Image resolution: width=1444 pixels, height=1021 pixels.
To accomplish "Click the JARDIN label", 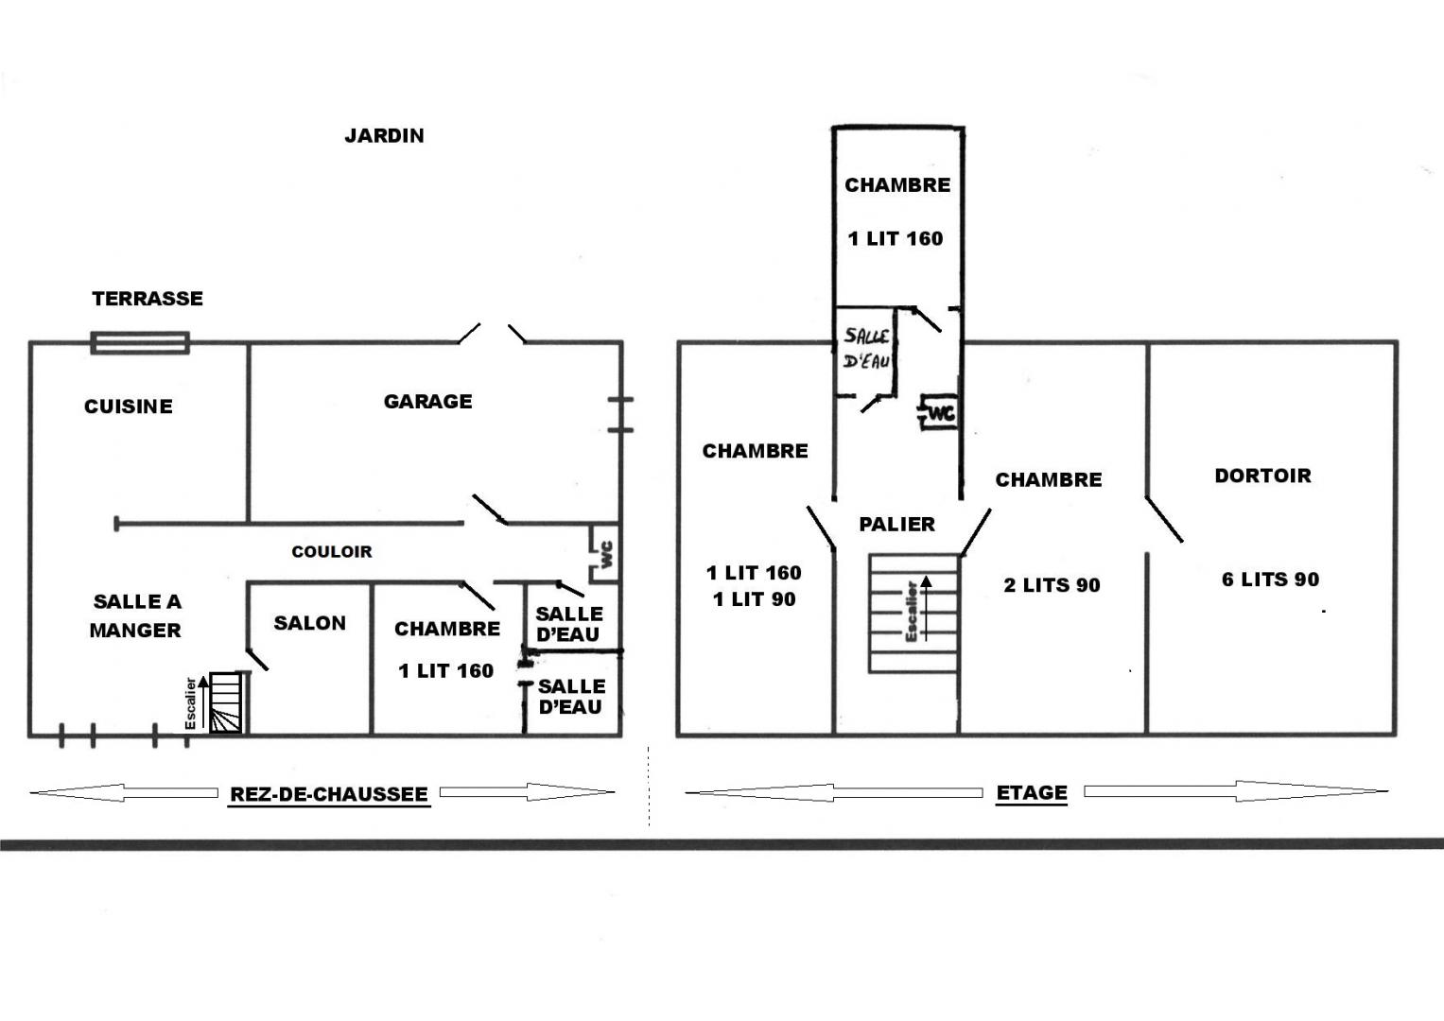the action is point(384,135).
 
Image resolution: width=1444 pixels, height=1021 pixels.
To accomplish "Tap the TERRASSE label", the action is point(148,299).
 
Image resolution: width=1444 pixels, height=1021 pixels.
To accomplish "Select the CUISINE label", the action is point(129,407).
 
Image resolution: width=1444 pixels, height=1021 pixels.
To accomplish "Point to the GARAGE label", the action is point(428,402).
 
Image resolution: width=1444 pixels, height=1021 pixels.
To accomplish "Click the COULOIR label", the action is point(332,552).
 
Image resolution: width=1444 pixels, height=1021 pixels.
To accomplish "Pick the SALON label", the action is point(310,623).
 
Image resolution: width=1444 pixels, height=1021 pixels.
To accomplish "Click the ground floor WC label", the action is point(606,554).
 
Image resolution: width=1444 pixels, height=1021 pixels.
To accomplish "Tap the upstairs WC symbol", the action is point(938,412).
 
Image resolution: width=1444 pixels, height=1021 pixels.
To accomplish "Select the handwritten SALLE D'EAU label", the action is point(867,348).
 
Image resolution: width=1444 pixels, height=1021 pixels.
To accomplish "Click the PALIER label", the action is point(897,524).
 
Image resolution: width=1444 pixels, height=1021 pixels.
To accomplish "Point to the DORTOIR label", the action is point(1262,476).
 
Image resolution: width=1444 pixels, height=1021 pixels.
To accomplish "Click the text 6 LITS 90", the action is point(1271,580).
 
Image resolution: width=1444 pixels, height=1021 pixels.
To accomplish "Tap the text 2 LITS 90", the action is point(1053,585).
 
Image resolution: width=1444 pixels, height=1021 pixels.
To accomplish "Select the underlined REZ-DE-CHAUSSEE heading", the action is point(329,794).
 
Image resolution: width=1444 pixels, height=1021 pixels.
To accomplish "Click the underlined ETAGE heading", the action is point(1032,792).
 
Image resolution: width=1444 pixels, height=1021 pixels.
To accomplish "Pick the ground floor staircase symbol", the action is point(226,701).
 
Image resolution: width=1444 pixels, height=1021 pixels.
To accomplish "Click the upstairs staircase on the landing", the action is point(913,614).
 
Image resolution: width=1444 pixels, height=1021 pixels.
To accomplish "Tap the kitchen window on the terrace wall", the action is point(140,343).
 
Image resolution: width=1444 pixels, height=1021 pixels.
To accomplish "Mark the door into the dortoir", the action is point(1164,519).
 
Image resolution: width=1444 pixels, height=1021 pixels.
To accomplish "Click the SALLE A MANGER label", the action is point(137,615).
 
